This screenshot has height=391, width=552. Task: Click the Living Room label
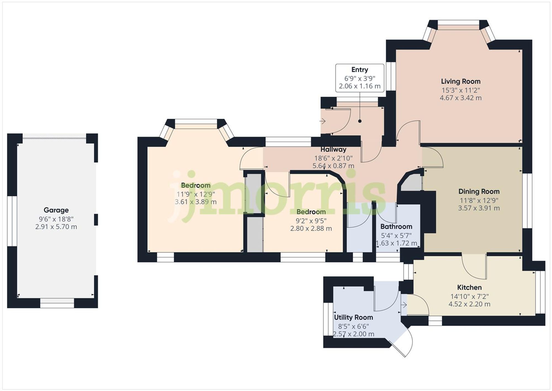tap(460, 82)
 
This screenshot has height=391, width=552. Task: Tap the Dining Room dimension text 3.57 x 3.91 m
tap(479, 208)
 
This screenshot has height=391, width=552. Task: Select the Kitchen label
tap(469, 287)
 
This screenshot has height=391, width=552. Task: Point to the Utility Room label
tap(353, 317)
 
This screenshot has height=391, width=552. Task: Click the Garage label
tap(56, 210)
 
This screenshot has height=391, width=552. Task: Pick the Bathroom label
tap(396, 227)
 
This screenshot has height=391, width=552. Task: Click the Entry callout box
tap(359, 78)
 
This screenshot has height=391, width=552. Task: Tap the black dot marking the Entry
tap(360, 121)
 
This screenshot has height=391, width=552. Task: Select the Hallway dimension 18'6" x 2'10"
tap(333, 158)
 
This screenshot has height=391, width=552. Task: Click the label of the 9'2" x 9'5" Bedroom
tap(311, 212)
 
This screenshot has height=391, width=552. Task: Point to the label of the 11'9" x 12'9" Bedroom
tap(196, 185)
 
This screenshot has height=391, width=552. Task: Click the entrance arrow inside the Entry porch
tap(322, 121)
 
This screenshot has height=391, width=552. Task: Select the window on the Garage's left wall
tap(12, 221)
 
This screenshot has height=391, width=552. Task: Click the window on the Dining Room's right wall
tap(527, 201)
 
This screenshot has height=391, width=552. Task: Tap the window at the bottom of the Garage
tap(57, 303)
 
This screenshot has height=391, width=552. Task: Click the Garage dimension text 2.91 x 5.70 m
tap(56, 227)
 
